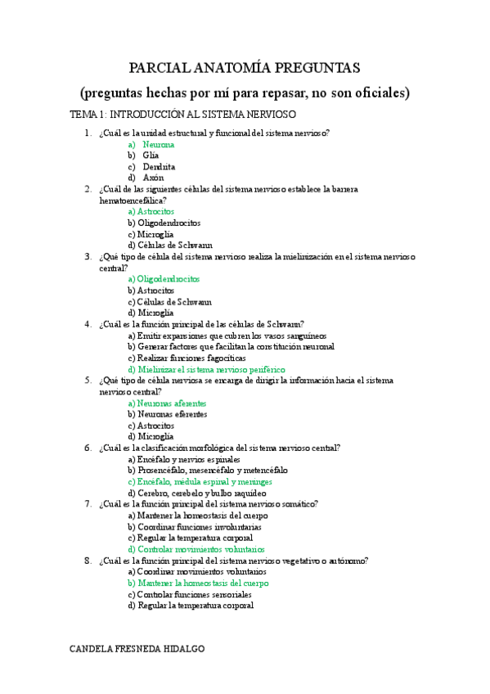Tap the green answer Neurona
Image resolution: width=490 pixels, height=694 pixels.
(x=158, y=144)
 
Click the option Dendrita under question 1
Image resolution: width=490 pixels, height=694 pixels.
(x=158, y=166)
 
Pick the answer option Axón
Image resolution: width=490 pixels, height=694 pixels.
(x=153, y=177)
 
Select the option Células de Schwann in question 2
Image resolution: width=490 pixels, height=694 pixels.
(x=170, y=245)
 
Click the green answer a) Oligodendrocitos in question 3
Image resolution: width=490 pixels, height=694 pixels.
(x=164, y=279)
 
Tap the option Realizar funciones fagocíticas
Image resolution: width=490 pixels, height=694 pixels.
(x=187, y=358)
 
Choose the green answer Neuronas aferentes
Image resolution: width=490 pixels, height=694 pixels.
(x=167, y=403)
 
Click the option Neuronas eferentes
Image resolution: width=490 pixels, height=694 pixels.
(x=167, y=414)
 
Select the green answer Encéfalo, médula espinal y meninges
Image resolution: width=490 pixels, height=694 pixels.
(x=200, y=482)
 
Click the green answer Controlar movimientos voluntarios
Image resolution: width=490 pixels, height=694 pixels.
(x=196, y=550)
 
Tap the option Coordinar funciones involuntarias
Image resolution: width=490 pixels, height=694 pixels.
(x=195, y=528)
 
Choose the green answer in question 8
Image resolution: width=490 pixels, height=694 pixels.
(x=198, y=584)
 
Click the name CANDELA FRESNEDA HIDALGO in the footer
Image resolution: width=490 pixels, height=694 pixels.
(x=137, y=648)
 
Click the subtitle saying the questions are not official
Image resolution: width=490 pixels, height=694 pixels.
(x=245, y=92)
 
